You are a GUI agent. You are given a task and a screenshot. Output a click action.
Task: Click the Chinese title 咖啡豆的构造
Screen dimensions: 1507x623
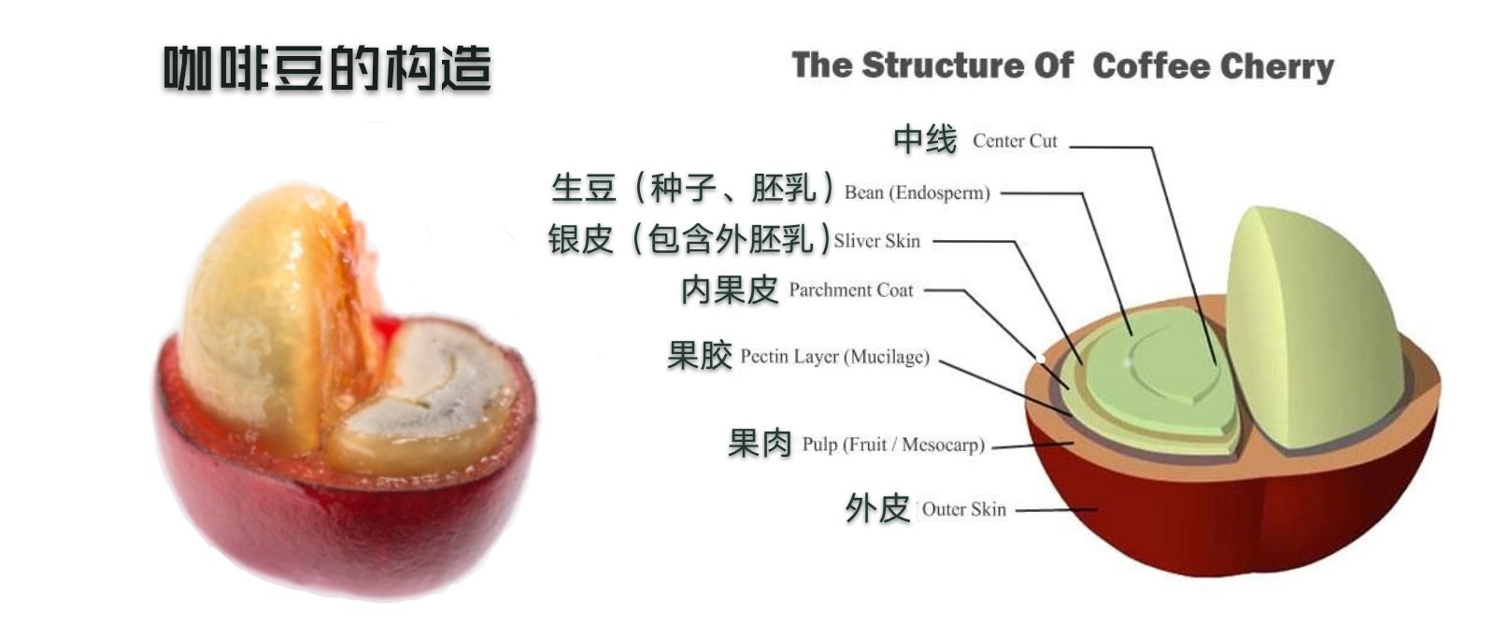328,68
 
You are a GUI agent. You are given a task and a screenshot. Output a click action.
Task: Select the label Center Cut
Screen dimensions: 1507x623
1015,141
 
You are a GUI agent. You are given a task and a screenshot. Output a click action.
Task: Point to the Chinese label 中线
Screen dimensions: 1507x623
925,139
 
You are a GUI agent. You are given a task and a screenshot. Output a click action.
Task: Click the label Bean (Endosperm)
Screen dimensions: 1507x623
917,192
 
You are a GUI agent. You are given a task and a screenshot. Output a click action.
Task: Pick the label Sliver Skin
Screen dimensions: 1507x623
876,241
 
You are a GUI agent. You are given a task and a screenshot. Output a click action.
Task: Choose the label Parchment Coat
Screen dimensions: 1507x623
851,290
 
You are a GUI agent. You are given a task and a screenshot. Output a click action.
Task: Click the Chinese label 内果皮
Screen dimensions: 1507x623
730,290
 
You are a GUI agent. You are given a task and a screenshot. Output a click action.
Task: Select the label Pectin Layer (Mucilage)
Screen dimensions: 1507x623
835,357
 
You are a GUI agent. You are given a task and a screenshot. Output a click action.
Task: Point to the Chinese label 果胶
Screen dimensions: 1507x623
700,355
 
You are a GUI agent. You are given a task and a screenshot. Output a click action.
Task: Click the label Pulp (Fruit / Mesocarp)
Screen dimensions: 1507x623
893,445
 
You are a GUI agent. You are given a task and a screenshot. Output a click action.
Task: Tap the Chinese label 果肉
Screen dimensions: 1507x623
760,444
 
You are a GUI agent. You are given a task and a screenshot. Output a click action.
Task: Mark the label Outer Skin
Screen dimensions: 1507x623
964,509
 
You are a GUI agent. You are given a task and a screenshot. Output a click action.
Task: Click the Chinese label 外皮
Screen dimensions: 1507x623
877,508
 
